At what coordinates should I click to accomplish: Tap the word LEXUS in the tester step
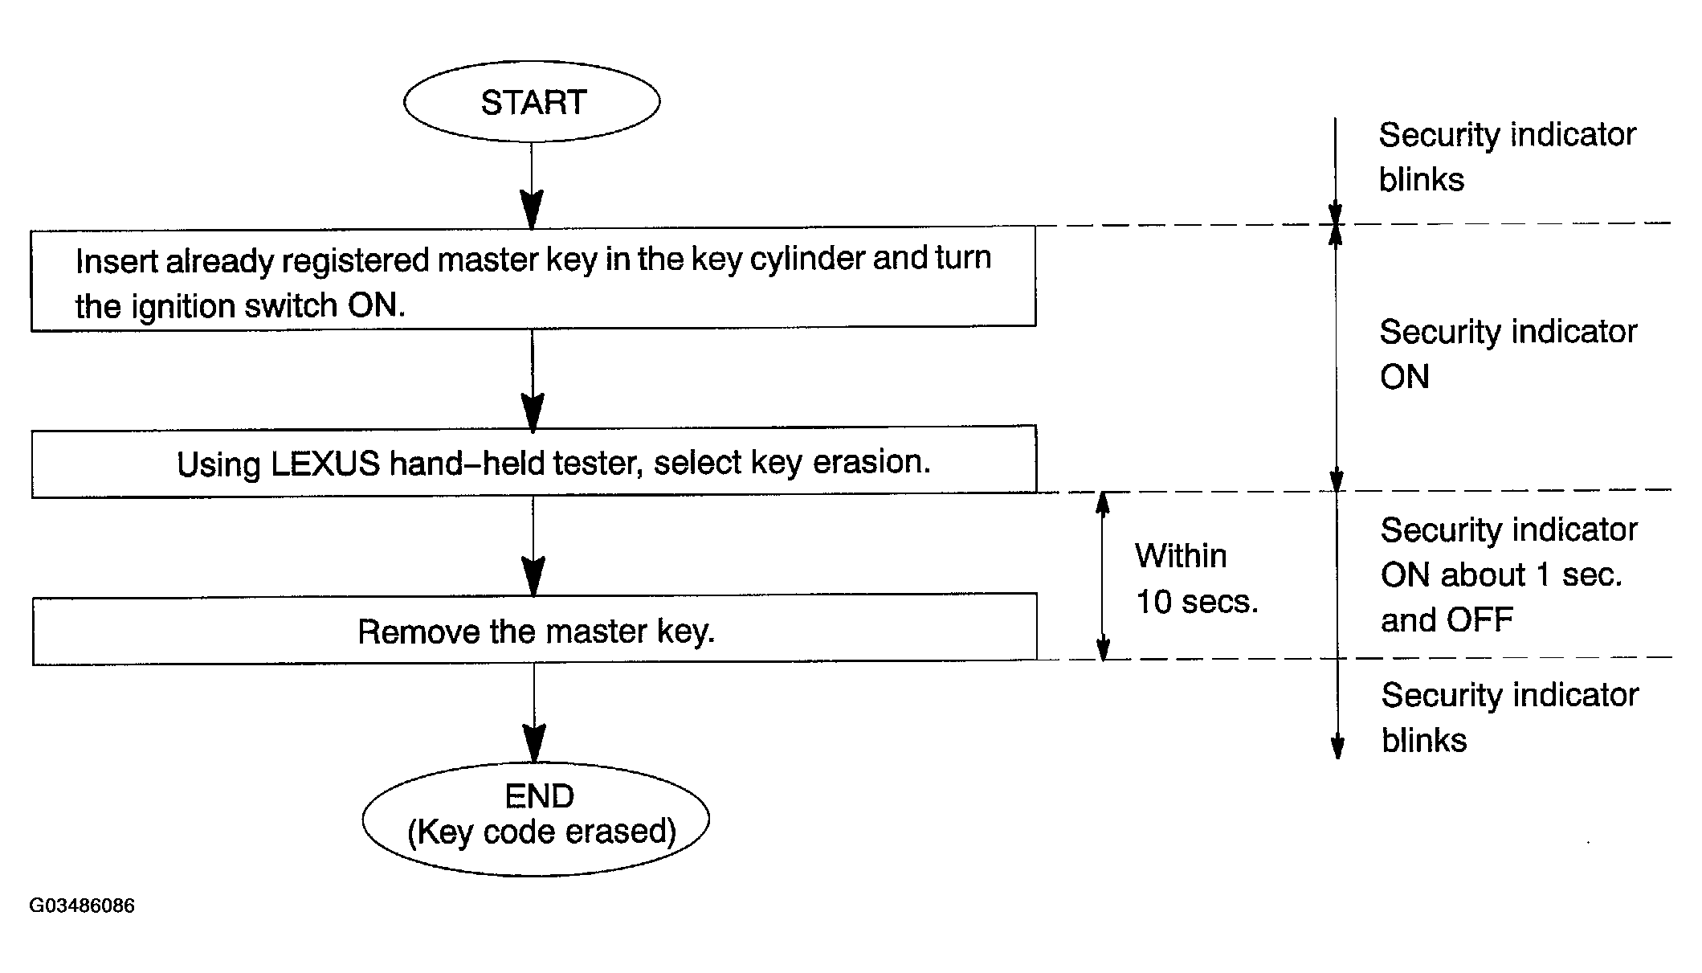point(325,464)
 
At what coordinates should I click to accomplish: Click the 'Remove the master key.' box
point(535,629)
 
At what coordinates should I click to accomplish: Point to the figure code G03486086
point(82,906)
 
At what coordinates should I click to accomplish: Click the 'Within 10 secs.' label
point(1197,578)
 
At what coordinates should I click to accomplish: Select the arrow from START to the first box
point(532,186)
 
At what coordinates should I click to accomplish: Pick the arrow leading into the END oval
point(534,712)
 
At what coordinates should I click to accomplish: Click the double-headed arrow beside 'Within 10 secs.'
point(1103,575)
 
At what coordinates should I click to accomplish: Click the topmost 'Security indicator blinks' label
point(1508,157)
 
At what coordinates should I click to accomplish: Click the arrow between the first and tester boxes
point(533,379)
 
